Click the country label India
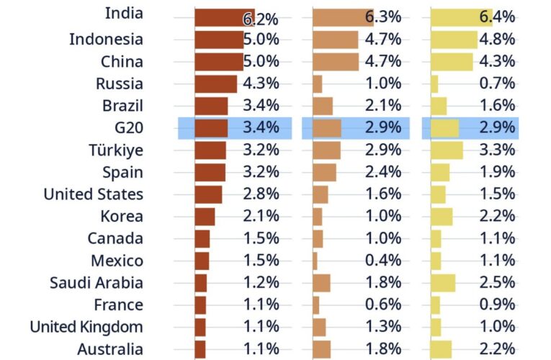(x=124, y=13)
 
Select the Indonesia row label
(x=106, y=40)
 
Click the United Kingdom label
(x=86, y=327)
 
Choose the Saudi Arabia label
(x=97, y=283)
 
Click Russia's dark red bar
(x=215, y=84)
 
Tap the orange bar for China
(x=335, y=62)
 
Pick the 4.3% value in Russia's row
(x=261, y=84)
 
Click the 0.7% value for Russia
(x=498, y=84)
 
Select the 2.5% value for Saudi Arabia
(x=498, y=283)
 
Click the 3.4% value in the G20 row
(x=261, y=128)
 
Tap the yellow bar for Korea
(x=442, y=217)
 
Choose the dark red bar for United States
(x=208, y=194)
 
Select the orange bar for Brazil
(x=323, y=107)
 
